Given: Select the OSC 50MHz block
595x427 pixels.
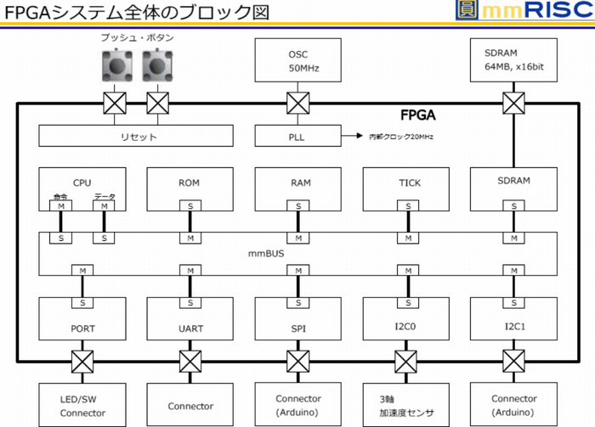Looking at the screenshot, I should (298, 59).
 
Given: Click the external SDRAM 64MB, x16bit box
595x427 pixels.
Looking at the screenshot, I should (513, 59).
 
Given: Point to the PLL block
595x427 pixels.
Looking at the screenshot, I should (298, 136).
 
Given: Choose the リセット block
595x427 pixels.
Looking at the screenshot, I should (137, 136).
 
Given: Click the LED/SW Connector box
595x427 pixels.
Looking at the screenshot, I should (82, 406).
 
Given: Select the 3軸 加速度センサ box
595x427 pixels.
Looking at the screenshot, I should (406, 406).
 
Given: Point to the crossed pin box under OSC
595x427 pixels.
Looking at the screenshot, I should (298, 104).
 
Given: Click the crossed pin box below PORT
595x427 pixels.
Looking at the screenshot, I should (82, 362).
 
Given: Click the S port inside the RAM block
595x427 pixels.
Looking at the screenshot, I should (298, 206).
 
